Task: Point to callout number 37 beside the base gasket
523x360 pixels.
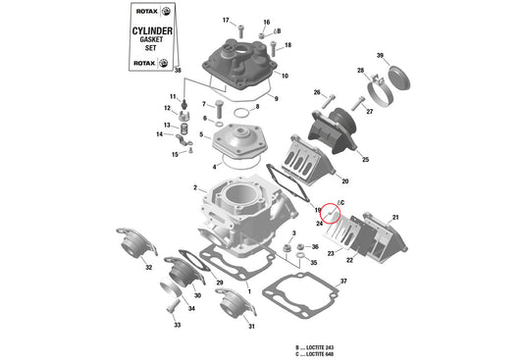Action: tap(342, 282)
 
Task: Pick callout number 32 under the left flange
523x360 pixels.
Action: tap(149, 267)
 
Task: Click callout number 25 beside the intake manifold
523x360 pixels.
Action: tap(365, 160)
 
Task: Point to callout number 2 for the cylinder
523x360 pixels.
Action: tap(195, 187)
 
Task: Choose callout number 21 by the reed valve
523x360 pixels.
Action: tap(396, 217)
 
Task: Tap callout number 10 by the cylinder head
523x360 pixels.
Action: tap(284, 76)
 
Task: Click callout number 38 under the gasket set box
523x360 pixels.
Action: tap(178, 71)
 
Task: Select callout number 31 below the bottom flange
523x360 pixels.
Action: tap(251, 326)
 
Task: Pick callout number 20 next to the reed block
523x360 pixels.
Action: tap(344, 181)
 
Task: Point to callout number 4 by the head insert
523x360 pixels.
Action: tap(215, 167)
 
